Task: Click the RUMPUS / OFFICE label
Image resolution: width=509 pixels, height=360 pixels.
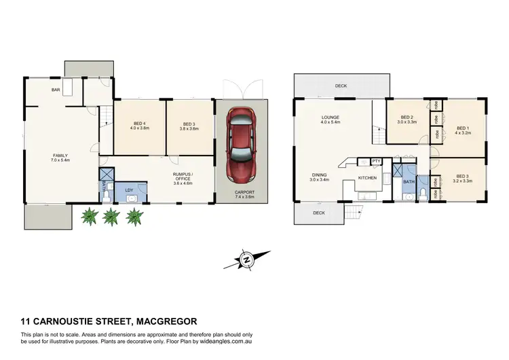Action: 184,176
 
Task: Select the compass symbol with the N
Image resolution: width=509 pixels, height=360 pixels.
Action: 247,259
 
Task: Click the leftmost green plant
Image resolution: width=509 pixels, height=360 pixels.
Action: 88,217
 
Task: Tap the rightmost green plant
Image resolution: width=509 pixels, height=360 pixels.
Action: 134,217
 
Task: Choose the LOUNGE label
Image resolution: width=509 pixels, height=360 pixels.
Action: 331,118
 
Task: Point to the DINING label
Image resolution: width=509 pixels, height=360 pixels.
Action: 319,174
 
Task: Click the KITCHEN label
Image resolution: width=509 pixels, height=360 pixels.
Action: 367,178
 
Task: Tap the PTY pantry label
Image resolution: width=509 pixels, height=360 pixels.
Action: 375,161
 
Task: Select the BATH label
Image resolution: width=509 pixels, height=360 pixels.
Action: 409,182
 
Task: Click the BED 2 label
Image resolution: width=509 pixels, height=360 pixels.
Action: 407,117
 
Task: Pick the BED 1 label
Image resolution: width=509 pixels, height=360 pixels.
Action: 462,128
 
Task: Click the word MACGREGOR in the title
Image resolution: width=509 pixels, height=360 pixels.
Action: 167,321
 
